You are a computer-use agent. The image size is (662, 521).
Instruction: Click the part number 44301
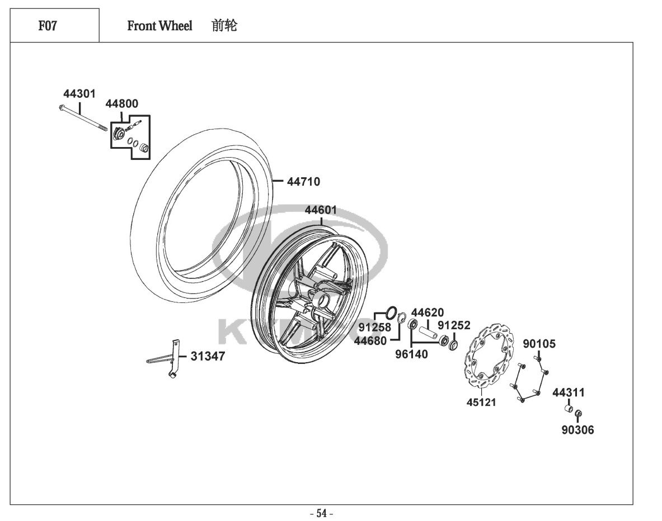79,93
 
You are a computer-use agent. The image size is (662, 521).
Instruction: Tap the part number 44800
121,103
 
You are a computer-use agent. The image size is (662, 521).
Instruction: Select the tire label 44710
303,182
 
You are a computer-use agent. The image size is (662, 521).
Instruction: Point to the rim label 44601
321,210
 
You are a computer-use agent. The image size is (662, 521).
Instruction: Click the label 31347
208,356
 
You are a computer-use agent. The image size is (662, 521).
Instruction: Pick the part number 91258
375,328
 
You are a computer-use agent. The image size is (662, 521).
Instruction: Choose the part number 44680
370,340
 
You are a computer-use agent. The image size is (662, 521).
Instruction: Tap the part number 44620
428,312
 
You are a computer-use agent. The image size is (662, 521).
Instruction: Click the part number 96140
411,354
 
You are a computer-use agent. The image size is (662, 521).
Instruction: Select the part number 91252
454,325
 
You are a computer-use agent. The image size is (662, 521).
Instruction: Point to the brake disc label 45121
481,402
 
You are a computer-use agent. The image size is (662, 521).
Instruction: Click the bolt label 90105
539,344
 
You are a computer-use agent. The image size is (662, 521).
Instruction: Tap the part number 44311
568,393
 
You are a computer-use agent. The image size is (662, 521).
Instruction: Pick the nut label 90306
578,430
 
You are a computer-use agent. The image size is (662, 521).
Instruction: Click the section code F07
48,26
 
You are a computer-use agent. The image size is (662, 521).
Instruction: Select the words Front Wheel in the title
159,26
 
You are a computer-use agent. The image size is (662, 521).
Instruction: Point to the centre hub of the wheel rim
324,300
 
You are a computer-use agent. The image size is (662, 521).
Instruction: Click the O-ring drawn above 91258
391,312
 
